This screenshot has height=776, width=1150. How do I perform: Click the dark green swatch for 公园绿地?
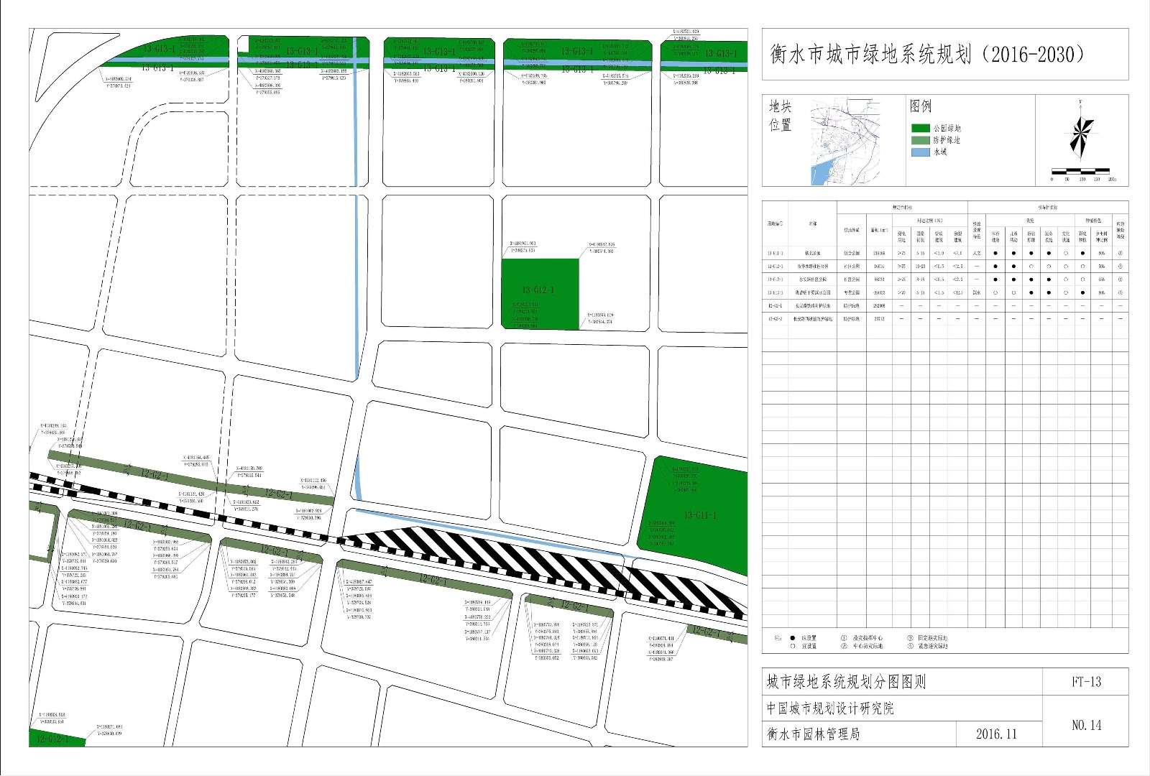tap(920, 128)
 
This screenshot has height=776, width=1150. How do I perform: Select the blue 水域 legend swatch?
tap(920, 152)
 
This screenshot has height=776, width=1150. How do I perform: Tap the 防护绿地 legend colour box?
tap(920, 140)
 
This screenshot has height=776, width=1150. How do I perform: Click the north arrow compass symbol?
tap(1080, 134)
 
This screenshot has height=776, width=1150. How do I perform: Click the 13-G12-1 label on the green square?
tap(538, 290)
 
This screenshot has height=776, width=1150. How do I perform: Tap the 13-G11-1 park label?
tap(699, 515)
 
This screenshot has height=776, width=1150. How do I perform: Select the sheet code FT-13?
tap(1085, 682)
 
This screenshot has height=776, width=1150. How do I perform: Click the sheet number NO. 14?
tap(1085, 725)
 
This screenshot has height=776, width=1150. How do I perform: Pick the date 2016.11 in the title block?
tap(996, 734)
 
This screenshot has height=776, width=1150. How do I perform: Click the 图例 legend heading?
tap(921, 106)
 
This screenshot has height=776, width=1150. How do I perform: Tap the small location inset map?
tap(845, 142)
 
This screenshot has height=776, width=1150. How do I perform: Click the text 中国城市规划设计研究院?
tap(830, 708)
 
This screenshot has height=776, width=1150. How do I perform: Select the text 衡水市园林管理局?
tap(813, 734)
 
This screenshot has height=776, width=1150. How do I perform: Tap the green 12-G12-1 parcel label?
tap(52, 739)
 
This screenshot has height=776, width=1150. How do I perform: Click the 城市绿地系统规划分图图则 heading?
tap(846, 682)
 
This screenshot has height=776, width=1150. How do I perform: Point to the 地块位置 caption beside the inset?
tap(780, 116)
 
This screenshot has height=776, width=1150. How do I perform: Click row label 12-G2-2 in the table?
tap(775, 318)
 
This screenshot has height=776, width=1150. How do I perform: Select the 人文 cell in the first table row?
tap(977, 253)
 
